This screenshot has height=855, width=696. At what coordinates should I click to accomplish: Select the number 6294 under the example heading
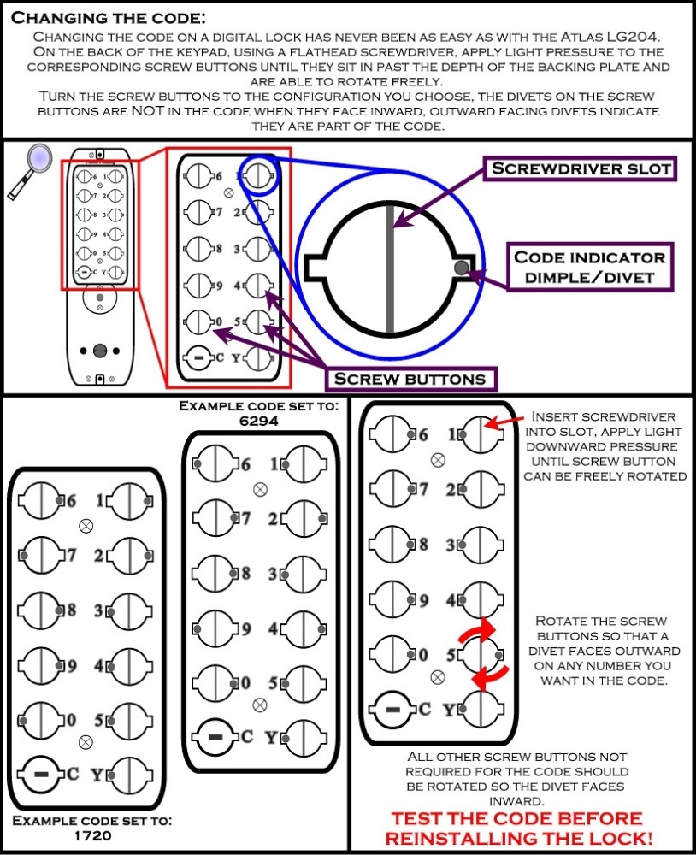(260, 421)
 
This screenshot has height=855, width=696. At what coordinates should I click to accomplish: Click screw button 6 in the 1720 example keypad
(39, 499)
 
